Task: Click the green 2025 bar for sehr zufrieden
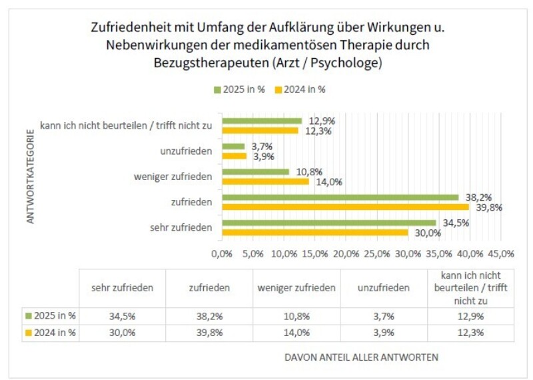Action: point(328,223)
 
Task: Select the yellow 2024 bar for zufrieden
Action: point(345,207)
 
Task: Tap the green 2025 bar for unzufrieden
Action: point(233,147)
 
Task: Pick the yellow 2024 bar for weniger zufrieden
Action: point(265,181)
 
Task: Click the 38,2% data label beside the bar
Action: point(474,197)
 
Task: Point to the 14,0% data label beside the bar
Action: point(324,181)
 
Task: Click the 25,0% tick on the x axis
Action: point(377,253)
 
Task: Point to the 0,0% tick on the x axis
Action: point(222,253)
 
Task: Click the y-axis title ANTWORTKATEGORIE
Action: point(31,180)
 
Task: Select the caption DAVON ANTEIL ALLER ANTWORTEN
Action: point(361,357)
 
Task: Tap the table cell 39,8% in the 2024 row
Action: point(209,332)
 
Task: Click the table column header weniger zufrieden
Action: point(296,288)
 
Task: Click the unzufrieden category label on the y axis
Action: point(187,151)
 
